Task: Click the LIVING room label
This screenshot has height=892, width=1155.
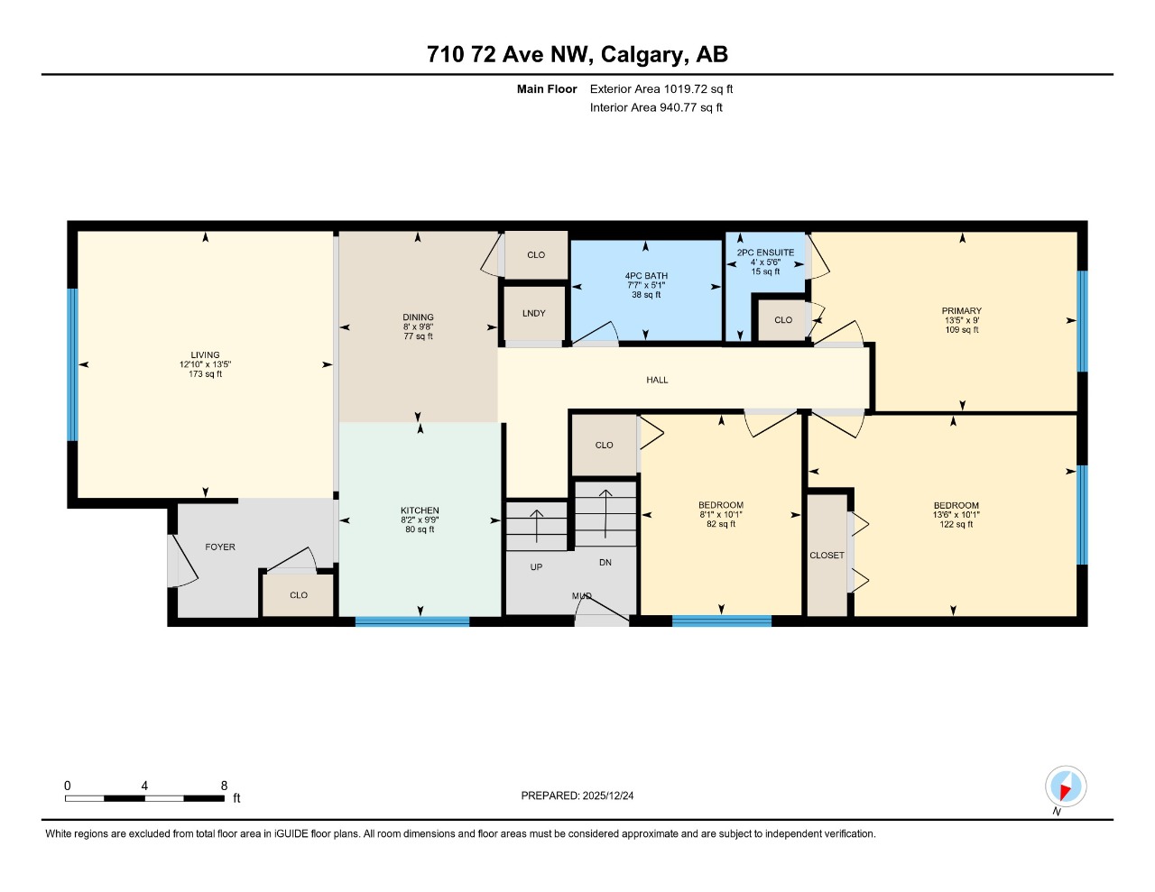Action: (x=205, y=355)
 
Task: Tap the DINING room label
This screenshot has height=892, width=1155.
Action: (x=418, y=317)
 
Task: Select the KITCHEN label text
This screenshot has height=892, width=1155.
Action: (x=420, y=510)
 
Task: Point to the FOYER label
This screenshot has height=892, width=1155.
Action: (x=220, y=547)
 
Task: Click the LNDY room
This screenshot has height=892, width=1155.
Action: (x=533, y=314)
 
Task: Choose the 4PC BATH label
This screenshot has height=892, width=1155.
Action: (x=646, y=276)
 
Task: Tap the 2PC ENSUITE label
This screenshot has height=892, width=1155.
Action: (x=765, y=253)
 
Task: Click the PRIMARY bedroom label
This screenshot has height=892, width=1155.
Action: (x=961, y=311)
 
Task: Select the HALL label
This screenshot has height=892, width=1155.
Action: (x=657, y=381)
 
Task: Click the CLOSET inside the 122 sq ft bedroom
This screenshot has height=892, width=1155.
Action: (x=827, y=556)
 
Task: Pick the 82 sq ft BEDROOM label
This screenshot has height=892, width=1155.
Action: (x=720, y=505)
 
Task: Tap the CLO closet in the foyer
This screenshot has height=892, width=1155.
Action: (x=299, y=595)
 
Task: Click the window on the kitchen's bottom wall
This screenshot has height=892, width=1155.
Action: (x=412, y=621)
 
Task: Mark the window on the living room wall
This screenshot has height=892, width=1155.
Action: (x=72, y=364)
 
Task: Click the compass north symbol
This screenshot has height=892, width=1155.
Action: (x=1066, y=787)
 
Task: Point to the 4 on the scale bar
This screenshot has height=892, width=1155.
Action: (x=144, y=786)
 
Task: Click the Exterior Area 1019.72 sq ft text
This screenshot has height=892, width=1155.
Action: (x=661, y=89)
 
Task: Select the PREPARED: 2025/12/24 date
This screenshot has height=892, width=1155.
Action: (x=577, y=795)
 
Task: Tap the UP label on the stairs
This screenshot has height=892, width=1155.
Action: (x=536, y=567)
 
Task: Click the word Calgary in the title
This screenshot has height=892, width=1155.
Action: (x=641, y=54)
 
